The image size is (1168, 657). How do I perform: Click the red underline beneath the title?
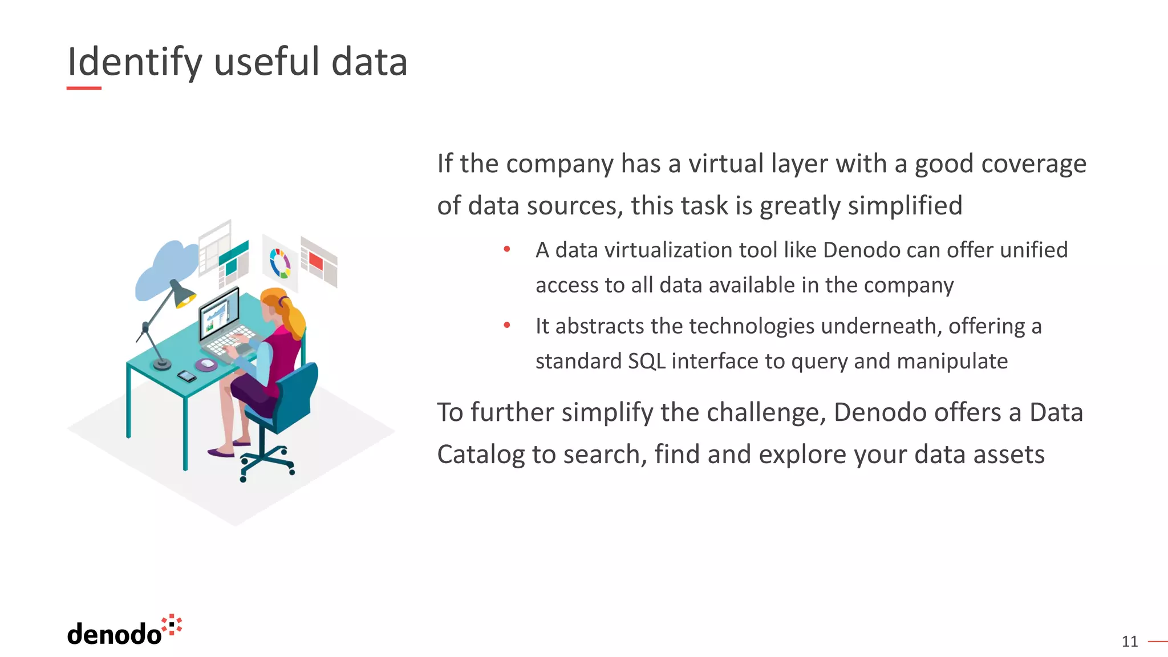(x=84, y=88)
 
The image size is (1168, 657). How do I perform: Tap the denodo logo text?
(x=114, y=634)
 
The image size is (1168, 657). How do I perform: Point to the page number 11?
(x=1129, y=642)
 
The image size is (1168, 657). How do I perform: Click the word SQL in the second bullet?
(x=646, y=361)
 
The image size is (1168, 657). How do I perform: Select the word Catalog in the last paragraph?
(x=480, y=455)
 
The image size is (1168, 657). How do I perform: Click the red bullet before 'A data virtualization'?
(x=506, y=249)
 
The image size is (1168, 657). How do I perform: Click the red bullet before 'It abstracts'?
(x=506, y=325)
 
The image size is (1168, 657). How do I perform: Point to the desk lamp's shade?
(x=182, y=294)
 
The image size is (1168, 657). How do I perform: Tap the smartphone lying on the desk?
(x=186, y=376)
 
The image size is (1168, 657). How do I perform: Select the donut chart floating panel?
(x=280, y=263)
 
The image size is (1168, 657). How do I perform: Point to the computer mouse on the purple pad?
(x=206, y=364)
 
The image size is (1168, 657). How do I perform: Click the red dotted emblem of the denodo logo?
(x=172, y=624)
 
